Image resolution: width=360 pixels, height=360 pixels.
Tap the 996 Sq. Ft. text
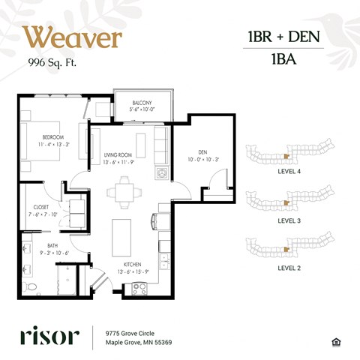point(52,62)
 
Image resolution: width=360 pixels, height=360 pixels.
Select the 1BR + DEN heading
point(283,37)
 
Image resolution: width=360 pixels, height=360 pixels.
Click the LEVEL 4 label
point(289,171)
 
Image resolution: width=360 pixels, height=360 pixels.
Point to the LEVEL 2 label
point(289,265)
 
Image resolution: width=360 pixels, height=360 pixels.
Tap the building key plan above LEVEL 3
point(289,201)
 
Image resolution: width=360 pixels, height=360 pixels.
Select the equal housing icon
point(336,342)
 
